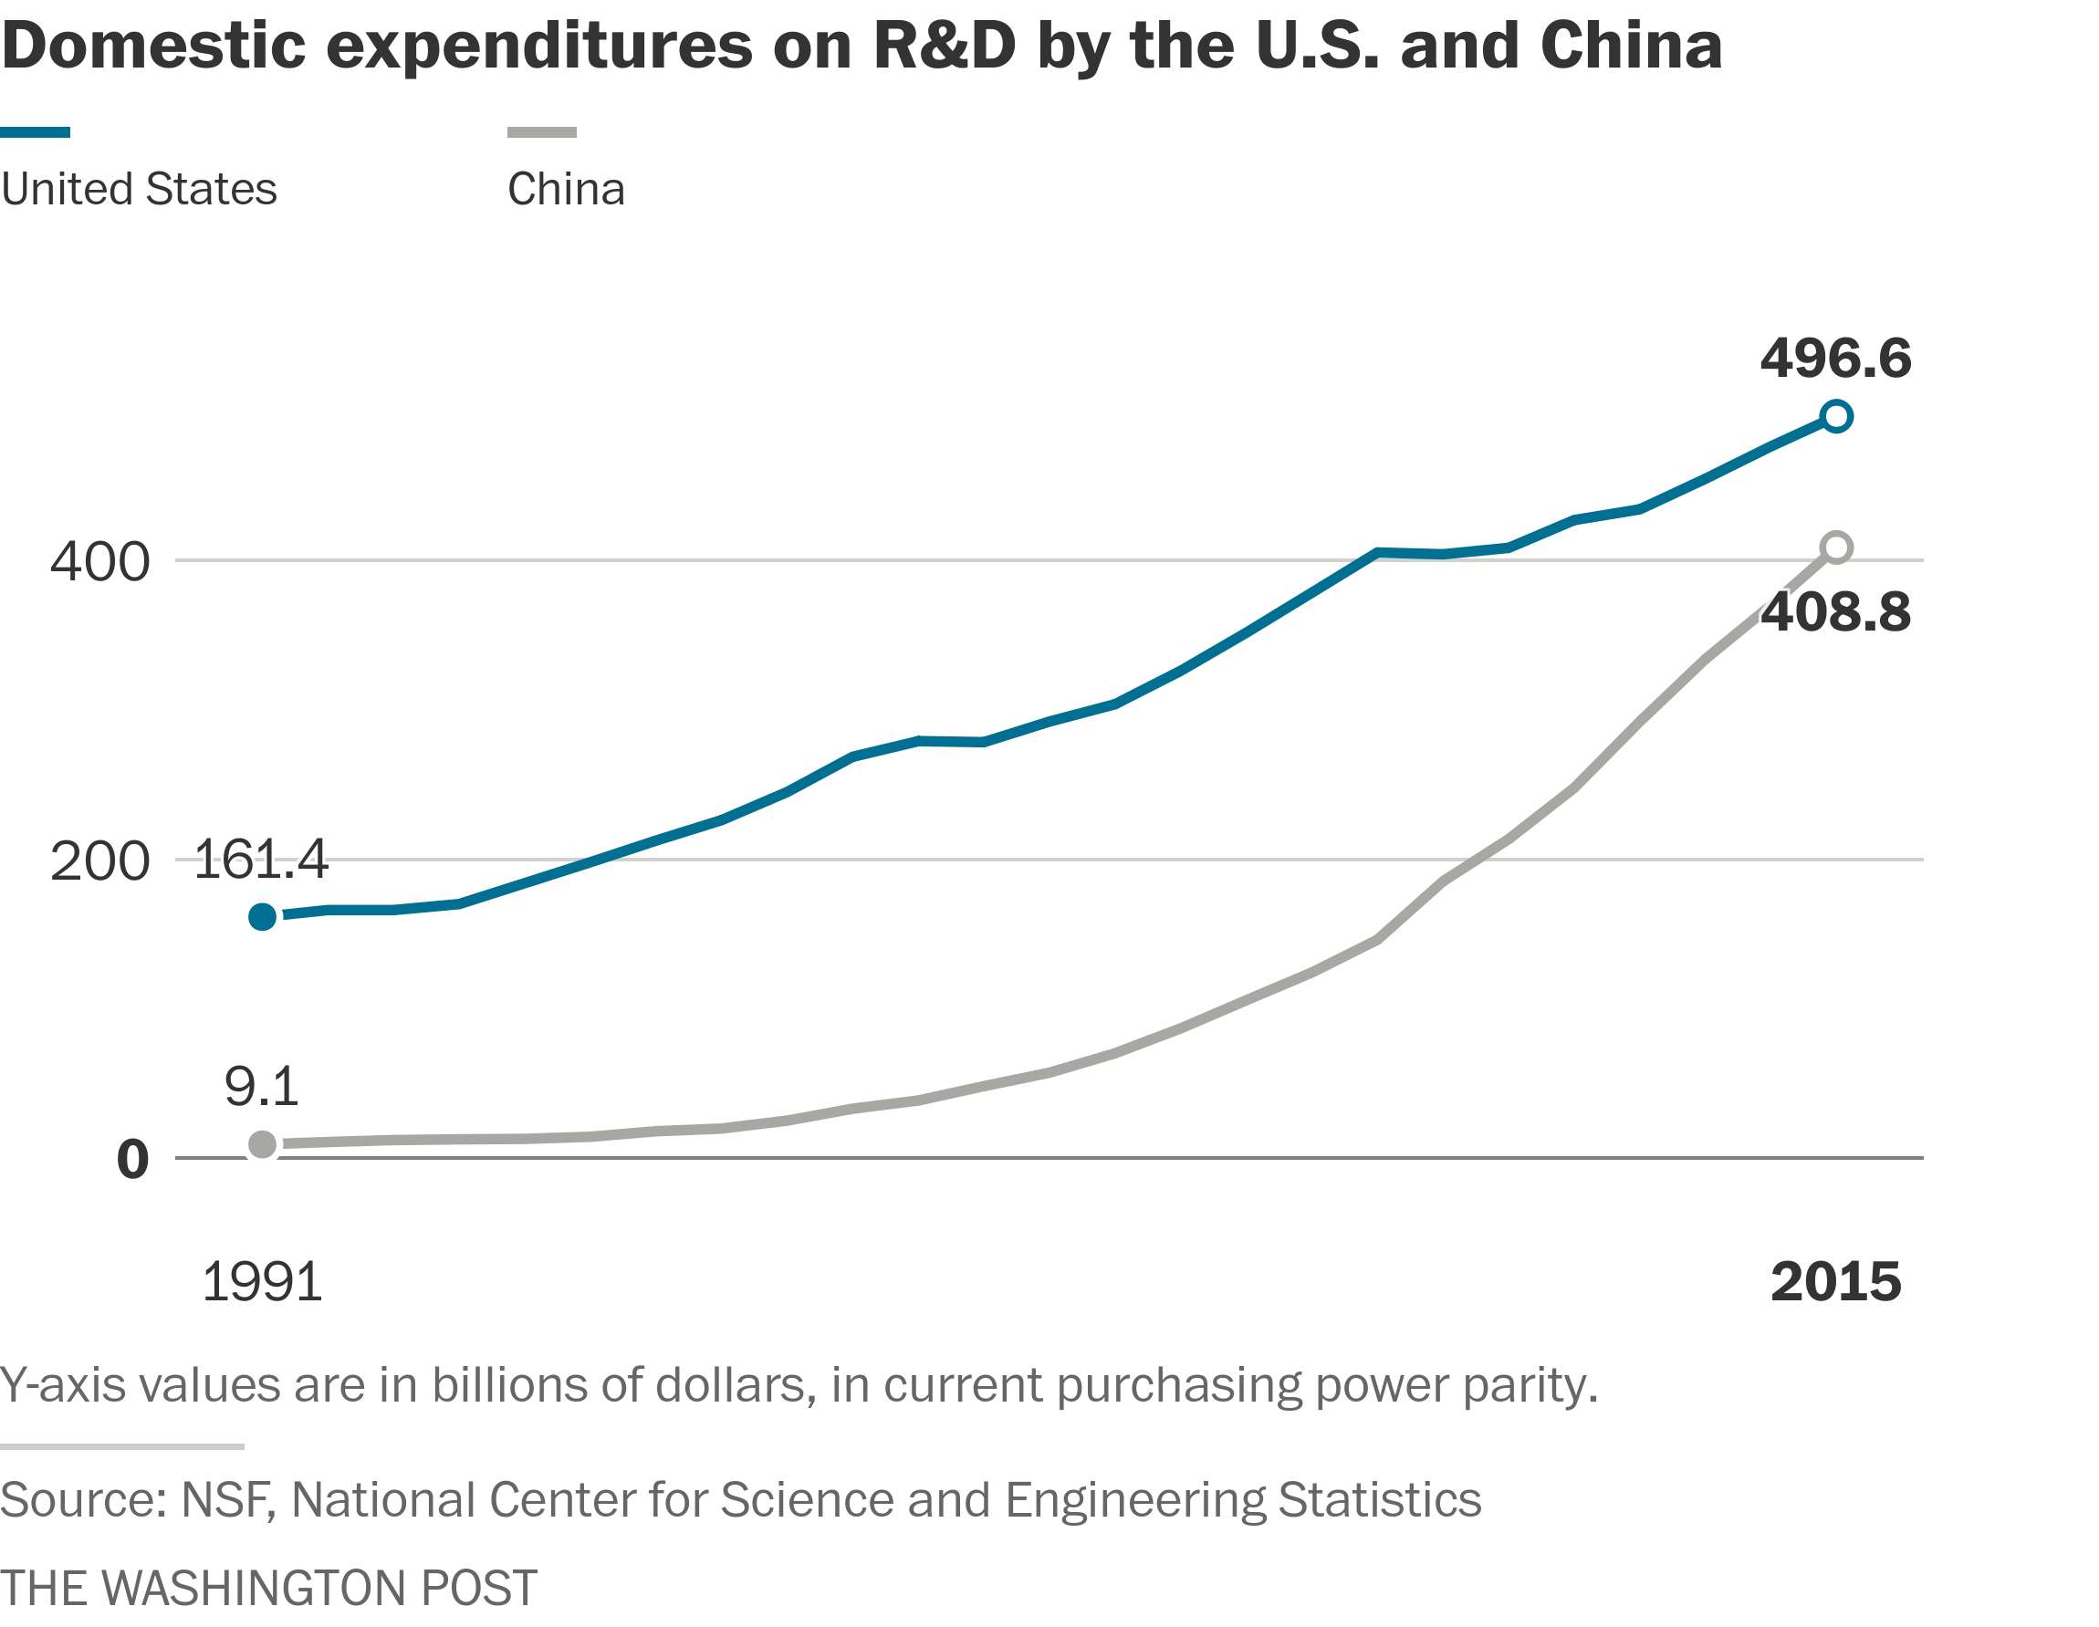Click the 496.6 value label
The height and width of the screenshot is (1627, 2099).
(1834, 359)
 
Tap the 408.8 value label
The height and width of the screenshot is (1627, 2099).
(1835, 612)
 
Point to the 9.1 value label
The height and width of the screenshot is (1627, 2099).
(260, 1086)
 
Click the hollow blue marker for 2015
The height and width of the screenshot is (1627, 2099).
(1835, 416)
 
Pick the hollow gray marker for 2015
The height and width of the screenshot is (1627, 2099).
(1835, 548)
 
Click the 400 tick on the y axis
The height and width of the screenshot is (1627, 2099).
(100, 561)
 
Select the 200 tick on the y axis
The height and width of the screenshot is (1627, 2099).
(100, 861)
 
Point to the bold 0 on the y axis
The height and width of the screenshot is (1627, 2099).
(132, 1159)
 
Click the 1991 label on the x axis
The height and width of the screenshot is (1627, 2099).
(261, 1282)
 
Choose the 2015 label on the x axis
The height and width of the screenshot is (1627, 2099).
(1835, 1282)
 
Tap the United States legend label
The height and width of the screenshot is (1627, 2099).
(140, 189)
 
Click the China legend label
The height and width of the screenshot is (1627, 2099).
(566, 189)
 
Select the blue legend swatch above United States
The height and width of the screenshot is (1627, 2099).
(35, 131)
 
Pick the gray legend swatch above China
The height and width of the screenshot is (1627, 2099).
(542, 131)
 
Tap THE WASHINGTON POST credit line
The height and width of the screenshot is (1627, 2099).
(268, 1588)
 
